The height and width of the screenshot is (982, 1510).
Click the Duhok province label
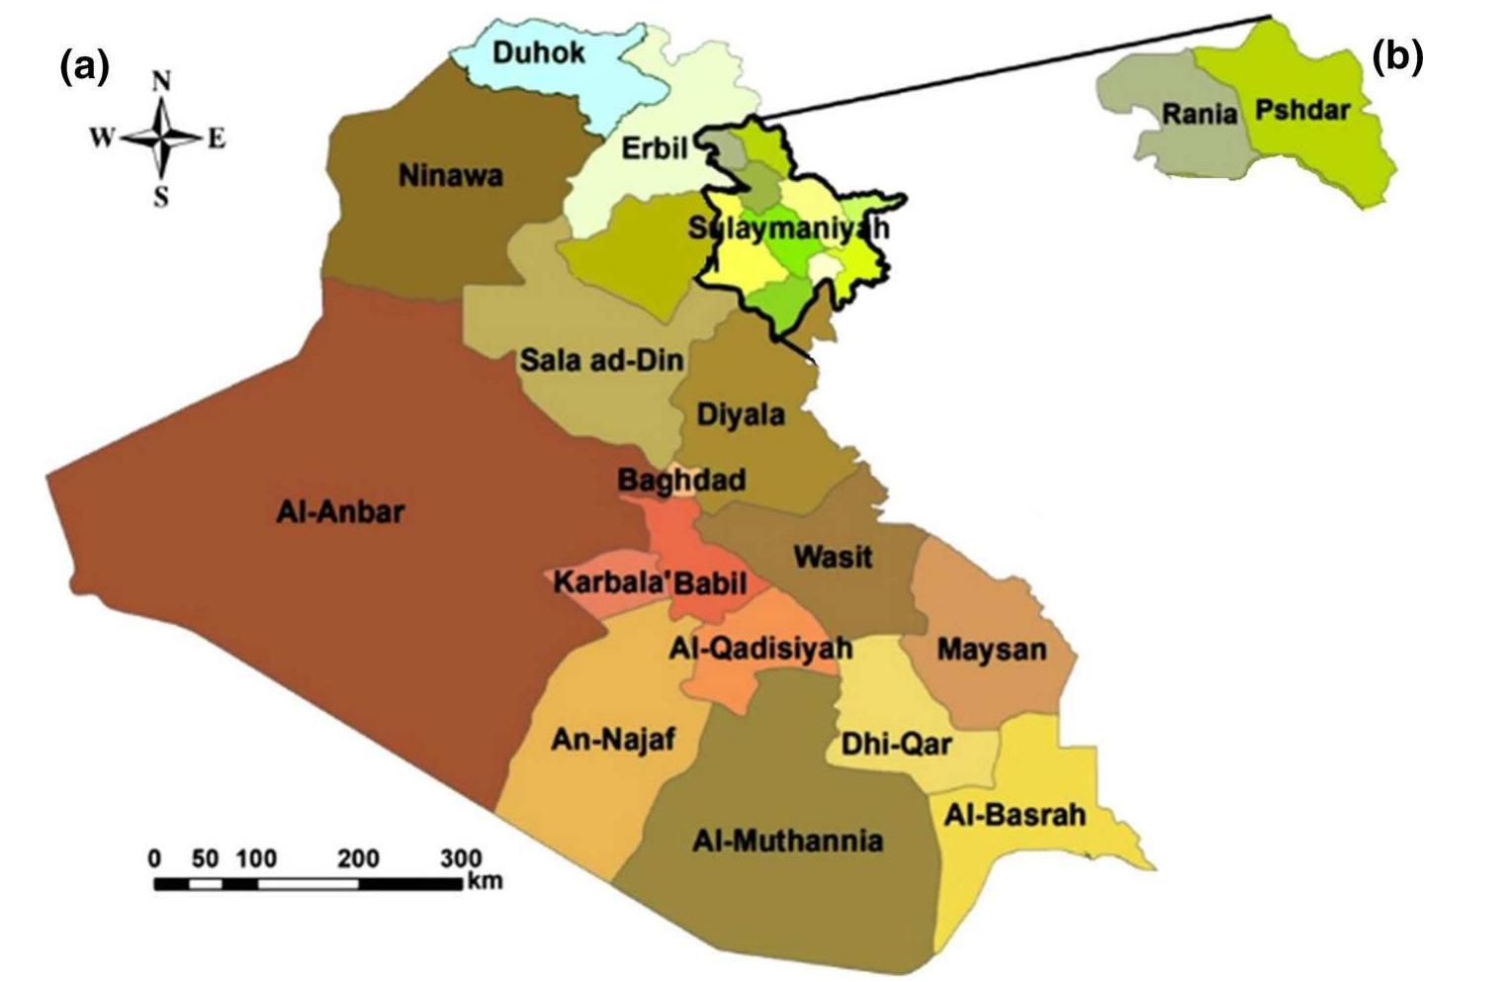pyautogui.click(x=538, y=51)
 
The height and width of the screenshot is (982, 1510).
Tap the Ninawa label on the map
pyautogui.click(x=450, y=176)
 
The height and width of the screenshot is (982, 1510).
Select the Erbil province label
pyautogui.click(x=654, y=148)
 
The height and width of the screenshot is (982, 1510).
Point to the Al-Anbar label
pyautogui.click(x=340, y=511)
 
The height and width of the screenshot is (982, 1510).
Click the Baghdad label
pyautogui.click(x=681, y=481)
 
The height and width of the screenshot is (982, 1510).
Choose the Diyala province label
pyautogui.click(x=741, y=413)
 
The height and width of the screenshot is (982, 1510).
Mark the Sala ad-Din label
pyautogui.click(x=601, y=360)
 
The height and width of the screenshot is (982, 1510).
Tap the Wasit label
pyautogui.click(x=833, y=557)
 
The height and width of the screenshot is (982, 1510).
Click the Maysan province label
pyautogui.click(x=991, y=650)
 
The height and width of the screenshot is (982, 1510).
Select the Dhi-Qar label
pyautogui.click(x=896, y=743)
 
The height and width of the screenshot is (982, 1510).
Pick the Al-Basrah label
pyautogui.click(x=1015, y=815)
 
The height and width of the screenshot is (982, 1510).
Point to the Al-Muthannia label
pyautogui.click(x=787, y=841)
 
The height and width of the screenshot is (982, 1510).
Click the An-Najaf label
pyautogui.click(x=613, y=739)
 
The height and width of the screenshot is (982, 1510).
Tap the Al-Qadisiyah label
pyautogui.click(x=760, y=649)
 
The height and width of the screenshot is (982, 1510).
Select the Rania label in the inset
pyautogui.click(x=1199, y=114)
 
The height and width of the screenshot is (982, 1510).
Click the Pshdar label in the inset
pyautogui.click(x=1301, y=109)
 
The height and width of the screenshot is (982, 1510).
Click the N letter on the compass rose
pyautogui.click(x=161, y=81)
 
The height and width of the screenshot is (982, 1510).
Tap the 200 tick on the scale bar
pyautogui.click(x=358, y=857)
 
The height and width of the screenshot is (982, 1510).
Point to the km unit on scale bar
pyautogui.click(x=485, y=879)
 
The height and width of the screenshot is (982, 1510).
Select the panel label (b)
pyautogui.click(x=1397, y=57)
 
